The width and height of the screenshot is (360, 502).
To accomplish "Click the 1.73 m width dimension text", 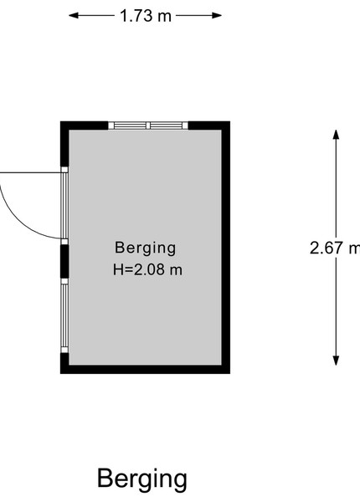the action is tap(146, 16).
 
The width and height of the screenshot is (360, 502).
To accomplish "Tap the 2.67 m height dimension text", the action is tap(335, 248).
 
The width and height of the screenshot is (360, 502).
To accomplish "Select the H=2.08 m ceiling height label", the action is tap(147, 269).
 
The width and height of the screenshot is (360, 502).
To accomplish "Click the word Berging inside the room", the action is tap(146, 248).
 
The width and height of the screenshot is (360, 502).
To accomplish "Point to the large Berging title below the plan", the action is tap(142, 479).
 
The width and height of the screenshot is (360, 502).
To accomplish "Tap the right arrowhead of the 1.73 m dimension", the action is tap(217, 15).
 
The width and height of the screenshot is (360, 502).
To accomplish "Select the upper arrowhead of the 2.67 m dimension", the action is tap(336, 135).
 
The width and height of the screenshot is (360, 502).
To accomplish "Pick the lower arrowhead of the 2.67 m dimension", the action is tap(336, 361).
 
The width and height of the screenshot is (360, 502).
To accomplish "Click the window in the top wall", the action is tap(148, 125).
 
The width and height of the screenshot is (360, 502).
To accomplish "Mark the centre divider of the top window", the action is tap(148, 125).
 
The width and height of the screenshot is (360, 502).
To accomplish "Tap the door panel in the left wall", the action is tap(64, 206).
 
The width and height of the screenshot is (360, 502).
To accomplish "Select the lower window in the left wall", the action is tap(64, 315).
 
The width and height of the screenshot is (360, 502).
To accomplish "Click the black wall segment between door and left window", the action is tap(64, 262).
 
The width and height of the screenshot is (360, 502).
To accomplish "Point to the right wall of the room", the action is tap(226, 247).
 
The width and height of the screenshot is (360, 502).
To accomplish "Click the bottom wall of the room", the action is tap(145, 369).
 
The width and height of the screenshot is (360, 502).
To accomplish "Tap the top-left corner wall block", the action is tap(84, 125).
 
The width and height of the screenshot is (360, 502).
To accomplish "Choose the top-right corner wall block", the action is tap(208, 125).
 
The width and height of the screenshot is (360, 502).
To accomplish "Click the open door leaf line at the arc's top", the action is tap(31, 173).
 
